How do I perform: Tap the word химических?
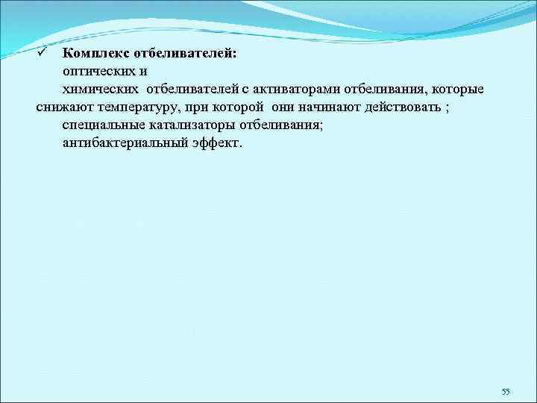click(x=104, y=90)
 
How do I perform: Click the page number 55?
click(x=505, y=391)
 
